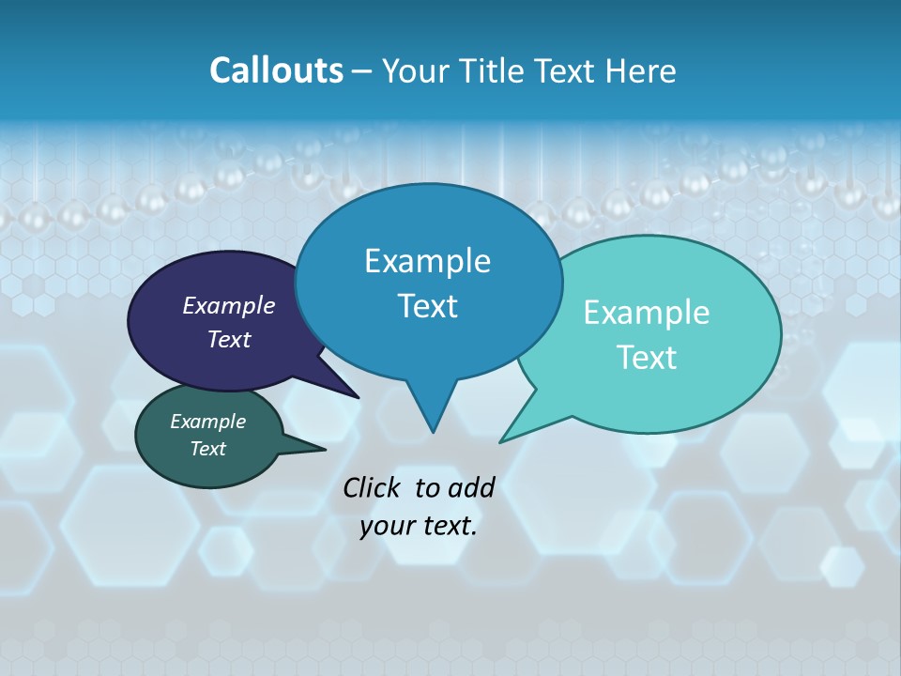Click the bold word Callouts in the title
[276, 70]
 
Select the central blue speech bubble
[428, 282]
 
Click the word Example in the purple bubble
[229, 305]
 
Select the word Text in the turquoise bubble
[647, 358]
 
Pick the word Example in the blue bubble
[428, 261]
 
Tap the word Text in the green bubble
[208, 449]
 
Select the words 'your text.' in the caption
[419, 526]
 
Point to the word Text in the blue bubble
[428, 306]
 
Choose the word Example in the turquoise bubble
[647, 313]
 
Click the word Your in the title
[413, 70]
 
